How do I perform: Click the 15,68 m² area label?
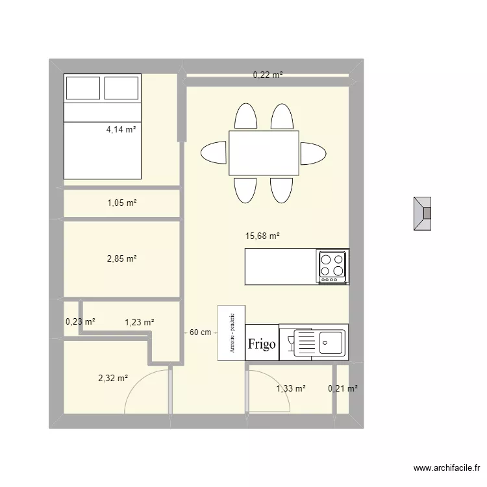pos(262,236)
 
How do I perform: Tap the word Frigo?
pos(262,344)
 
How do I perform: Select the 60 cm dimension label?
pos(201,332)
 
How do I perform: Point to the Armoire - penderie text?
pos(232,333)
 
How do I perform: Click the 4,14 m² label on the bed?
pos(121,129)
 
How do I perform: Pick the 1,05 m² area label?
pos(122,203)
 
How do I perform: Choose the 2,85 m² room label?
pos(122,258)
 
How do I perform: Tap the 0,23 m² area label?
pos(81,322)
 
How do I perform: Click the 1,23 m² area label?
pos(140,322)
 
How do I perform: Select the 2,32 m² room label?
pos(113,379)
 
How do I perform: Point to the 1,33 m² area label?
pos(291,388)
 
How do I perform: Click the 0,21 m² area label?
pos(343,388)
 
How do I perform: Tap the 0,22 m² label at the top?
pos(268,75)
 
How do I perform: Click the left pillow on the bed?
pos(83,88)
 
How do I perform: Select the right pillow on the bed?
pos(121,88)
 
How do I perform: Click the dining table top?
pos(264,153)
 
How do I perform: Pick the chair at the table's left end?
pos(214,153)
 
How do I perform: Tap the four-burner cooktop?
pos(332,267)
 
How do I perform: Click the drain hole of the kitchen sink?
pos(325,343)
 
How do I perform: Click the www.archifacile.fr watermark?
pos(447,468)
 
